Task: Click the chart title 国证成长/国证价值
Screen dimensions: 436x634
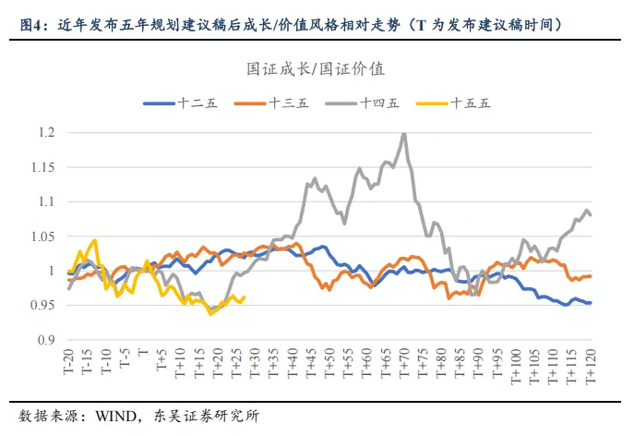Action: tap(316, 69)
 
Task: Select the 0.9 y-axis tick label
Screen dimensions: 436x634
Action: tap(44, 340)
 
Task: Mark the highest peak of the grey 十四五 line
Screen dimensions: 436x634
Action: tap(403, 134)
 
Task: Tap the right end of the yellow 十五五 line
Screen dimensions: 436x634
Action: tap(244, 297)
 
